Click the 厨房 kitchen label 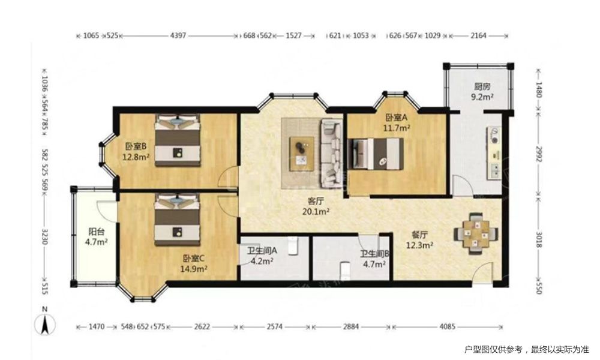click(x=482, y=92)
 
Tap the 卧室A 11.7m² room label click(x=397, y=122)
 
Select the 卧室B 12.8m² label click(x=136, y=151)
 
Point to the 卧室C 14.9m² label click(x=194, y=263)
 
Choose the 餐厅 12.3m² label click(x=419, y=240)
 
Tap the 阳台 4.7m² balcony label click(x=96, y=236)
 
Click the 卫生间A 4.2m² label click(x=262, y=256)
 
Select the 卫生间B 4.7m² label click(x=374, y=259)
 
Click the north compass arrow click(x=45, y=325)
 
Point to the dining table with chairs click(x=476, y=233)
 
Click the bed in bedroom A click(x=376, y=154)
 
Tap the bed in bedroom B click(x=178, y=140)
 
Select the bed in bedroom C click(x=177, y=219)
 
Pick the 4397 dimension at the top click(x=178, y=35)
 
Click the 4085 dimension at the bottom click(x=448, y=326)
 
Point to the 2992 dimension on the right click(x=538, y=154)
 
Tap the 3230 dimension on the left click(x=44, y=236)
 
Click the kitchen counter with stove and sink click(x=494, y=153)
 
